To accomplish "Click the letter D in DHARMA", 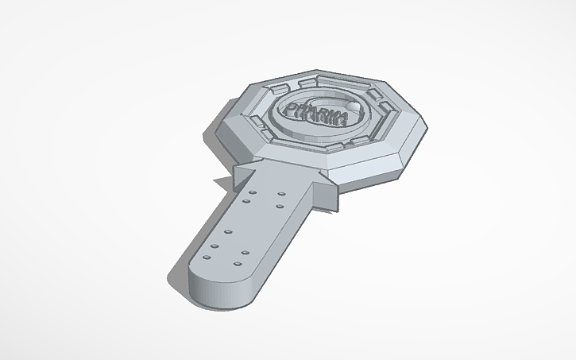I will (x=290, y=109).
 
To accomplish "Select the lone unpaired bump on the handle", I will (x=227, y=231).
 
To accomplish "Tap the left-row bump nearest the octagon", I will (x=252, y=193).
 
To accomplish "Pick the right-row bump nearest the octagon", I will (x=282, y=193).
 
